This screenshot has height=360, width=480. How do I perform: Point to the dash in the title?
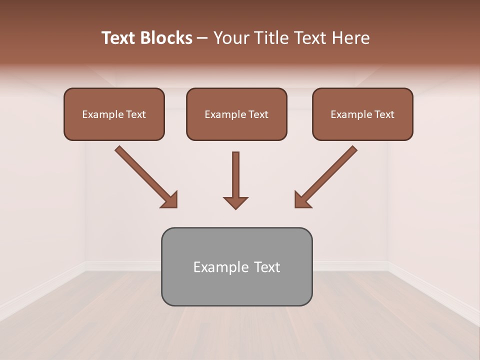(x=202, y=38)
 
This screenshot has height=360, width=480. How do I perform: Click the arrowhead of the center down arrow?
(x=235, y=202)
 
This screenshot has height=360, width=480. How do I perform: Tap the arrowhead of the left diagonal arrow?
(x=170, y=199)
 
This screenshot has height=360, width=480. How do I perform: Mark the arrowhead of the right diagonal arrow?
(x=302, y=199)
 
